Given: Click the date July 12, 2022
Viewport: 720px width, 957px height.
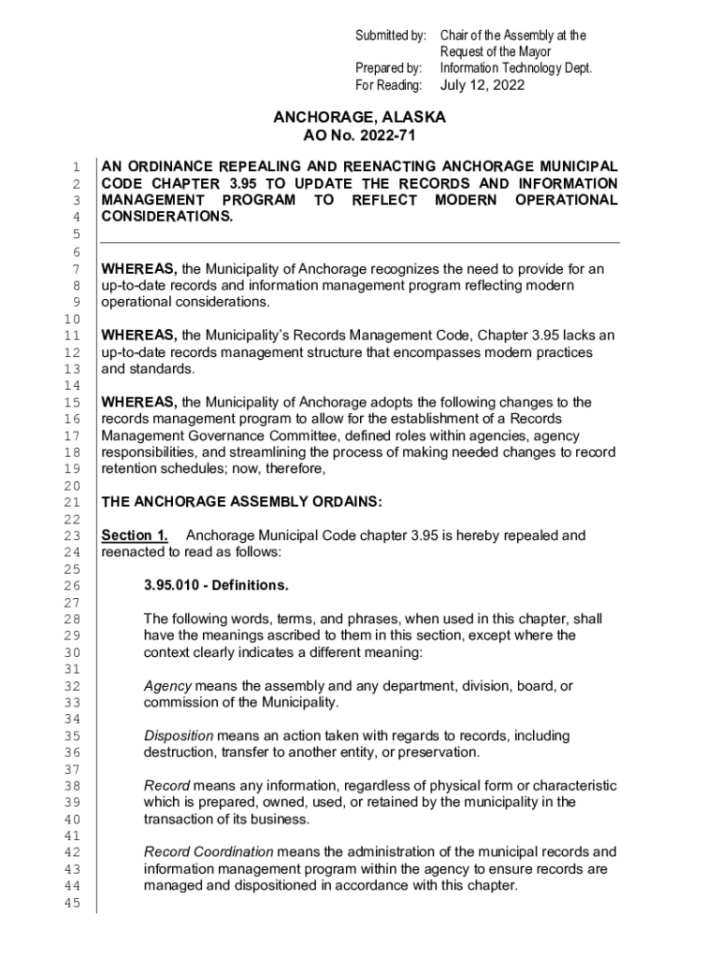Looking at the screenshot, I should pyautogui.click(x=482, y=85).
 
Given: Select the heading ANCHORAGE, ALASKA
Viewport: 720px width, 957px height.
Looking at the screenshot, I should pyautogui.click(x=359, y=118).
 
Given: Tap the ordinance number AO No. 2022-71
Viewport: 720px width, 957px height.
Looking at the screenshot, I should pyautogui.click(x=359, y=136).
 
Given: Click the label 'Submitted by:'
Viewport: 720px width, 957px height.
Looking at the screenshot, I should pyautogui.click(x=390, y=36).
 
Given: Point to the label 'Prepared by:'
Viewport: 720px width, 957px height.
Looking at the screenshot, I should pyautogui.click(x=390, y=68).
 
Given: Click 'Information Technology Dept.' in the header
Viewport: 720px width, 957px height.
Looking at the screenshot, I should pyautogui.click(x=516, y=68).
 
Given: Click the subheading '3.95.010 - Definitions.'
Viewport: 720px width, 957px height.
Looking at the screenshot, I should pyautogui.click(x=216, y=586).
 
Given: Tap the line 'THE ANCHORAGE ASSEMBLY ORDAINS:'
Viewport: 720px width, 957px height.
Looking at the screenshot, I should pyautogui.click(x=241, y=502).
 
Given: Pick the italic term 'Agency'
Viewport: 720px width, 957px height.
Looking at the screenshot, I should pyautogui.click(x=167, y=686).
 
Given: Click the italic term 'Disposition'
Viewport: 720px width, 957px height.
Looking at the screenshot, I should pyautogui.click(x=179, y=736).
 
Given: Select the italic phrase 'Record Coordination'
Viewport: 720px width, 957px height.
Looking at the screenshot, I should pyautogui.click(x=209, y=852).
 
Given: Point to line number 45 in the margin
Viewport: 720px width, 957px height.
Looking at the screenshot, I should pyautogui.click(x=72, y=903).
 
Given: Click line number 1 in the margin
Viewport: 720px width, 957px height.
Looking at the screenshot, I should pyautogui.click(x=76, y=167).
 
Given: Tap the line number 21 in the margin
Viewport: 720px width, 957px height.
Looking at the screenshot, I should pyautogui.click(x=72, y=502).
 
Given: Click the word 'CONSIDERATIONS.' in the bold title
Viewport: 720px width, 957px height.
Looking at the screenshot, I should pyautogui.click(x=167, y=217).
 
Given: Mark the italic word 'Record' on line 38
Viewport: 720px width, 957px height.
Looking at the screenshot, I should pyautogui.click(x=166, y=786).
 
